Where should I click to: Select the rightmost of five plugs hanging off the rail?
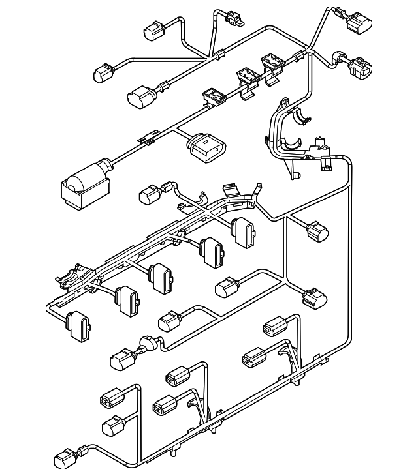click(243, 231)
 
